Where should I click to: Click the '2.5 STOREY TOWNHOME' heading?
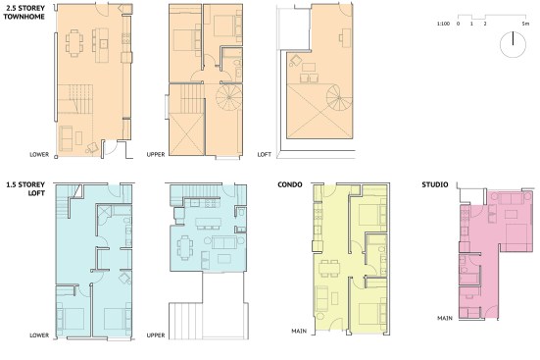click(x=25, y=12)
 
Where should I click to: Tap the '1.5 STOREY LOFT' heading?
click(x=25, y=188)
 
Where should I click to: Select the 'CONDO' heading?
click(x=290, y=184)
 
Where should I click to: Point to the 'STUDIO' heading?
click(x=435, y=184)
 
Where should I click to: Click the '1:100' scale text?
click(x=443, y=24)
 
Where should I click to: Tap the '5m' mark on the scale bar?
click(x=525, y=24)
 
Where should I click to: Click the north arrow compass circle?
click(x=513, y=45)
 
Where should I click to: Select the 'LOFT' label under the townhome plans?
click(x=265, y=154)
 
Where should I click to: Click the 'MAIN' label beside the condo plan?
click(x=299, y=331)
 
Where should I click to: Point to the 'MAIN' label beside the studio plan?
click(x=445, y=318)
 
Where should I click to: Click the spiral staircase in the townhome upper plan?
click(x=229, y=97)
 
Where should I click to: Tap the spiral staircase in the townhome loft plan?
click(x=339, y=98)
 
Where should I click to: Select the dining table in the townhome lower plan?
click(x=74, y=43)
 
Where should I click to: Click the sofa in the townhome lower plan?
click(x=66, y=138)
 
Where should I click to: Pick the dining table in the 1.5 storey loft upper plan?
click(x=185, y=247)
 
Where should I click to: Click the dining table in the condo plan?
click(x=329, y=269)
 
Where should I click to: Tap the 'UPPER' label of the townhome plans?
click(x=156, y=154)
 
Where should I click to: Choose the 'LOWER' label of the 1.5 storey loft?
click(x=39, y=335)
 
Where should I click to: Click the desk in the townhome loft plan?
click(x=346, y=37)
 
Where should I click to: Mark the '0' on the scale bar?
click(x=458, y=24)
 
